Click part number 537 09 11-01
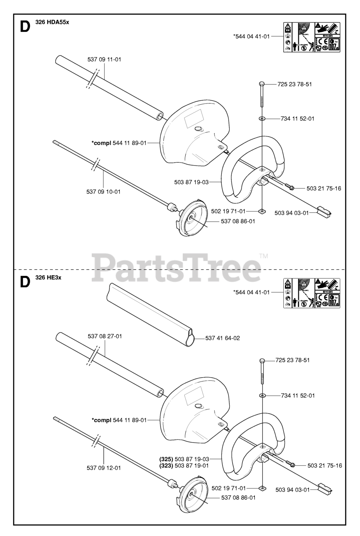pyautogui.click(x=104, y=59)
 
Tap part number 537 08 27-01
pyautogui.click(x=105, y=336)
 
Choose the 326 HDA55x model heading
pyautogui.click(x=52, y=23)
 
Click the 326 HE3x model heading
pyautogui.click(x=49, y=278)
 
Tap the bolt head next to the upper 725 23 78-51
pyautogui.click(x=262, y=84)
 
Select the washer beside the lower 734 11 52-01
pyautogui.click(x=262, y=396)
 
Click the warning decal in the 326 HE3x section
pyautogui.click(x=312, y=293)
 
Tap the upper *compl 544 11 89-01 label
pyautogui.click(x=119, y=143)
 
